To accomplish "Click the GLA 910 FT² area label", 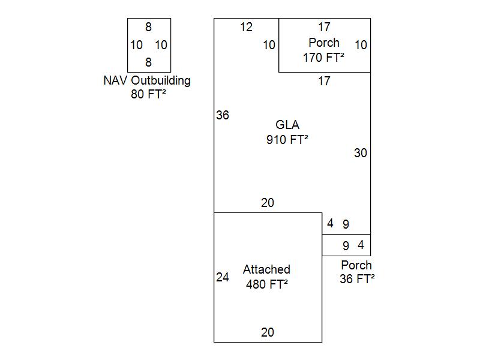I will [x=287, y=132].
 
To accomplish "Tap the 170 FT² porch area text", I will [x=324, y=58].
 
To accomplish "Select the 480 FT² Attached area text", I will [x=267, y=284].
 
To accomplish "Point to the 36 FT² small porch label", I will [x=357, y=279].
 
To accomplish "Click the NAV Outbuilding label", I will [x=147, y=80].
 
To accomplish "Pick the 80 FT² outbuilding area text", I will [x=148, y=94].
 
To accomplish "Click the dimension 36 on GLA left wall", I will [x=223, y=115].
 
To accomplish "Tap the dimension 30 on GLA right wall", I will [x=360, y=153].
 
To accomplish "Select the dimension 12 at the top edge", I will [x=246, y=27].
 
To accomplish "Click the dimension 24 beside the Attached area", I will [x=223, y=277].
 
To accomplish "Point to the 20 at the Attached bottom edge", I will [x=268, y=332].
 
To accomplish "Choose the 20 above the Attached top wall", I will [x=268, y=203].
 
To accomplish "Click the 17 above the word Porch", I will [x=324, y=27].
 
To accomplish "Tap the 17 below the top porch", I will [x=324, y=81].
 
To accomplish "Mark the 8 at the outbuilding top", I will [x=149, y=27].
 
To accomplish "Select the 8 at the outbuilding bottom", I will [x=149, y=62].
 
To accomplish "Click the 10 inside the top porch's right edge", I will [x=361, y=45].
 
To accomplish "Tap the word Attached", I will [x=266, y=269].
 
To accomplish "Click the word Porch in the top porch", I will [x=324, y=43].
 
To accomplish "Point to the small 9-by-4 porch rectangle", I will [x=346, y=245].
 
